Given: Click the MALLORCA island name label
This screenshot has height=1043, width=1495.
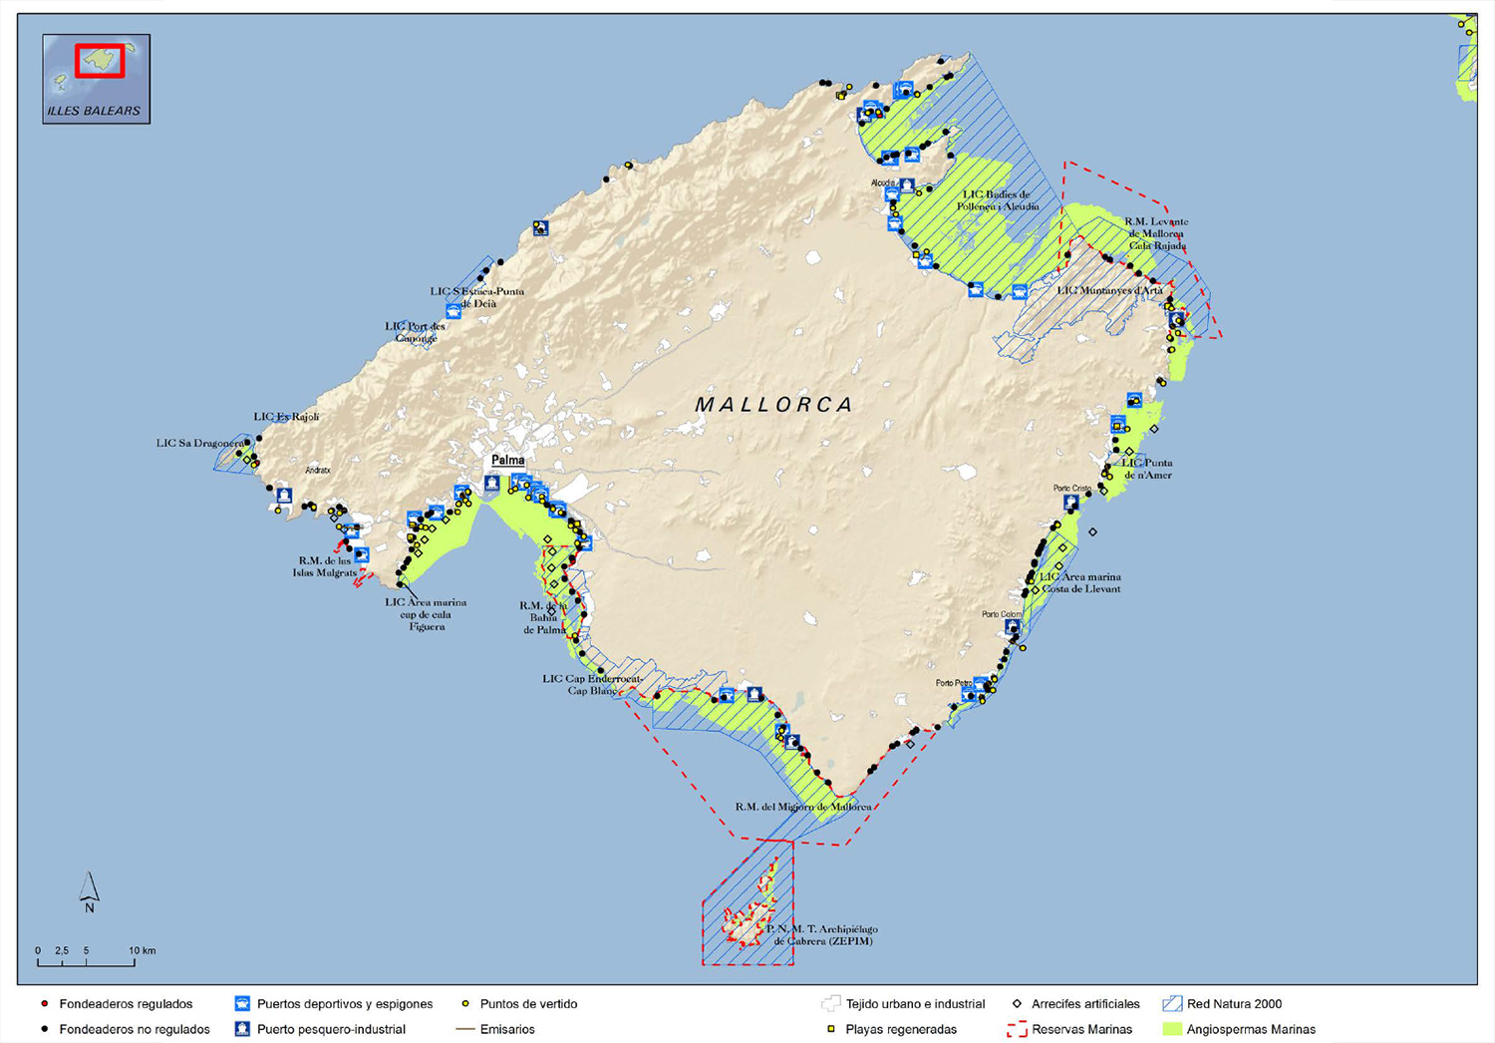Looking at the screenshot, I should tap(774, 405).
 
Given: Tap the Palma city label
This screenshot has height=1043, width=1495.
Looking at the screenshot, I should tap(508, 460).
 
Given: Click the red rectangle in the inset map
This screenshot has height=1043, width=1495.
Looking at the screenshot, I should tap(100, 61).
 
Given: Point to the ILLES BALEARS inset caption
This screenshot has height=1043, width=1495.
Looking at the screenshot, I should tap(95, 111).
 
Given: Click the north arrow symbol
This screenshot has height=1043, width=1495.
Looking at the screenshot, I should tap(89, 890).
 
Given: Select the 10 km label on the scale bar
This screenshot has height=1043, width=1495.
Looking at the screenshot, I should tap(142, 950).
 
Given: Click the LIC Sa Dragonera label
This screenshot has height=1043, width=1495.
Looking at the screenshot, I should tap(199, 443).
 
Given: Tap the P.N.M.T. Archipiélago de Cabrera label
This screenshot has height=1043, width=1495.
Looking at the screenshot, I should tap(821, 934).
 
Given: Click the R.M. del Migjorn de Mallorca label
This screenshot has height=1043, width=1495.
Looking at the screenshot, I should tap(803, 807).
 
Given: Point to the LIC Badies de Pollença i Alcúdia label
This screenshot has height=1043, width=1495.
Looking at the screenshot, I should tap(998, 200).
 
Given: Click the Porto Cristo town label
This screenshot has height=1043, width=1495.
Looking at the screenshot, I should tap(1072, 489).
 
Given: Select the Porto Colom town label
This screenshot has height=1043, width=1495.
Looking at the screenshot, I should tap(1002, 614).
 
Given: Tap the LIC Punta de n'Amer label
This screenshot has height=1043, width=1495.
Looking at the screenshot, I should tap(1147, 469).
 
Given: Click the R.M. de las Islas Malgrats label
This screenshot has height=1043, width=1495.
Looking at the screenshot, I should tap(325, 566).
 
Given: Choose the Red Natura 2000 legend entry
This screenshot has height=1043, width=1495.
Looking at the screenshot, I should tap(1234, 1004).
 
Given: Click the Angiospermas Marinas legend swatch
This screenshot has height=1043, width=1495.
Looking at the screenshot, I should tap(1172, 1029).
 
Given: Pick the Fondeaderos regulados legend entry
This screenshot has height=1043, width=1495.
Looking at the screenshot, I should tap(126, 1004).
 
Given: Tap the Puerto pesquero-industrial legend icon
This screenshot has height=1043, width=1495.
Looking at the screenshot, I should tap(242, 1029).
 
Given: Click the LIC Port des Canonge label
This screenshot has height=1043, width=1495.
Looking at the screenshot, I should tap(416, 332).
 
